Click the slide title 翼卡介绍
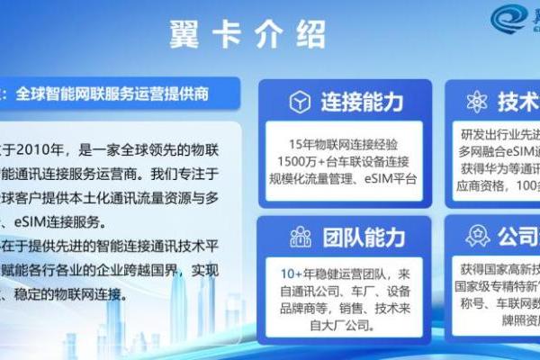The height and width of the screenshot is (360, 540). pos(247,36)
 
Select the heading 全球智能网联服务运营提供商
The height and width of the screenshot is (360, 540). pos(112,93)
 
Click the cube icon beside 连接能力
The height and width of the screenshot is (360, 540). pos(300,103)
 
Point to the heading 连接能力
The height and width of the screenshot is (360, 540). pos(363,103)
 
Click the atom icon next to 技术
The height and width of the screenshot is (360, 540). pos(478,102)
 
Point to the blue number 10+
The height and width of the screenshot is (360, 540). pos(289,273)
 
